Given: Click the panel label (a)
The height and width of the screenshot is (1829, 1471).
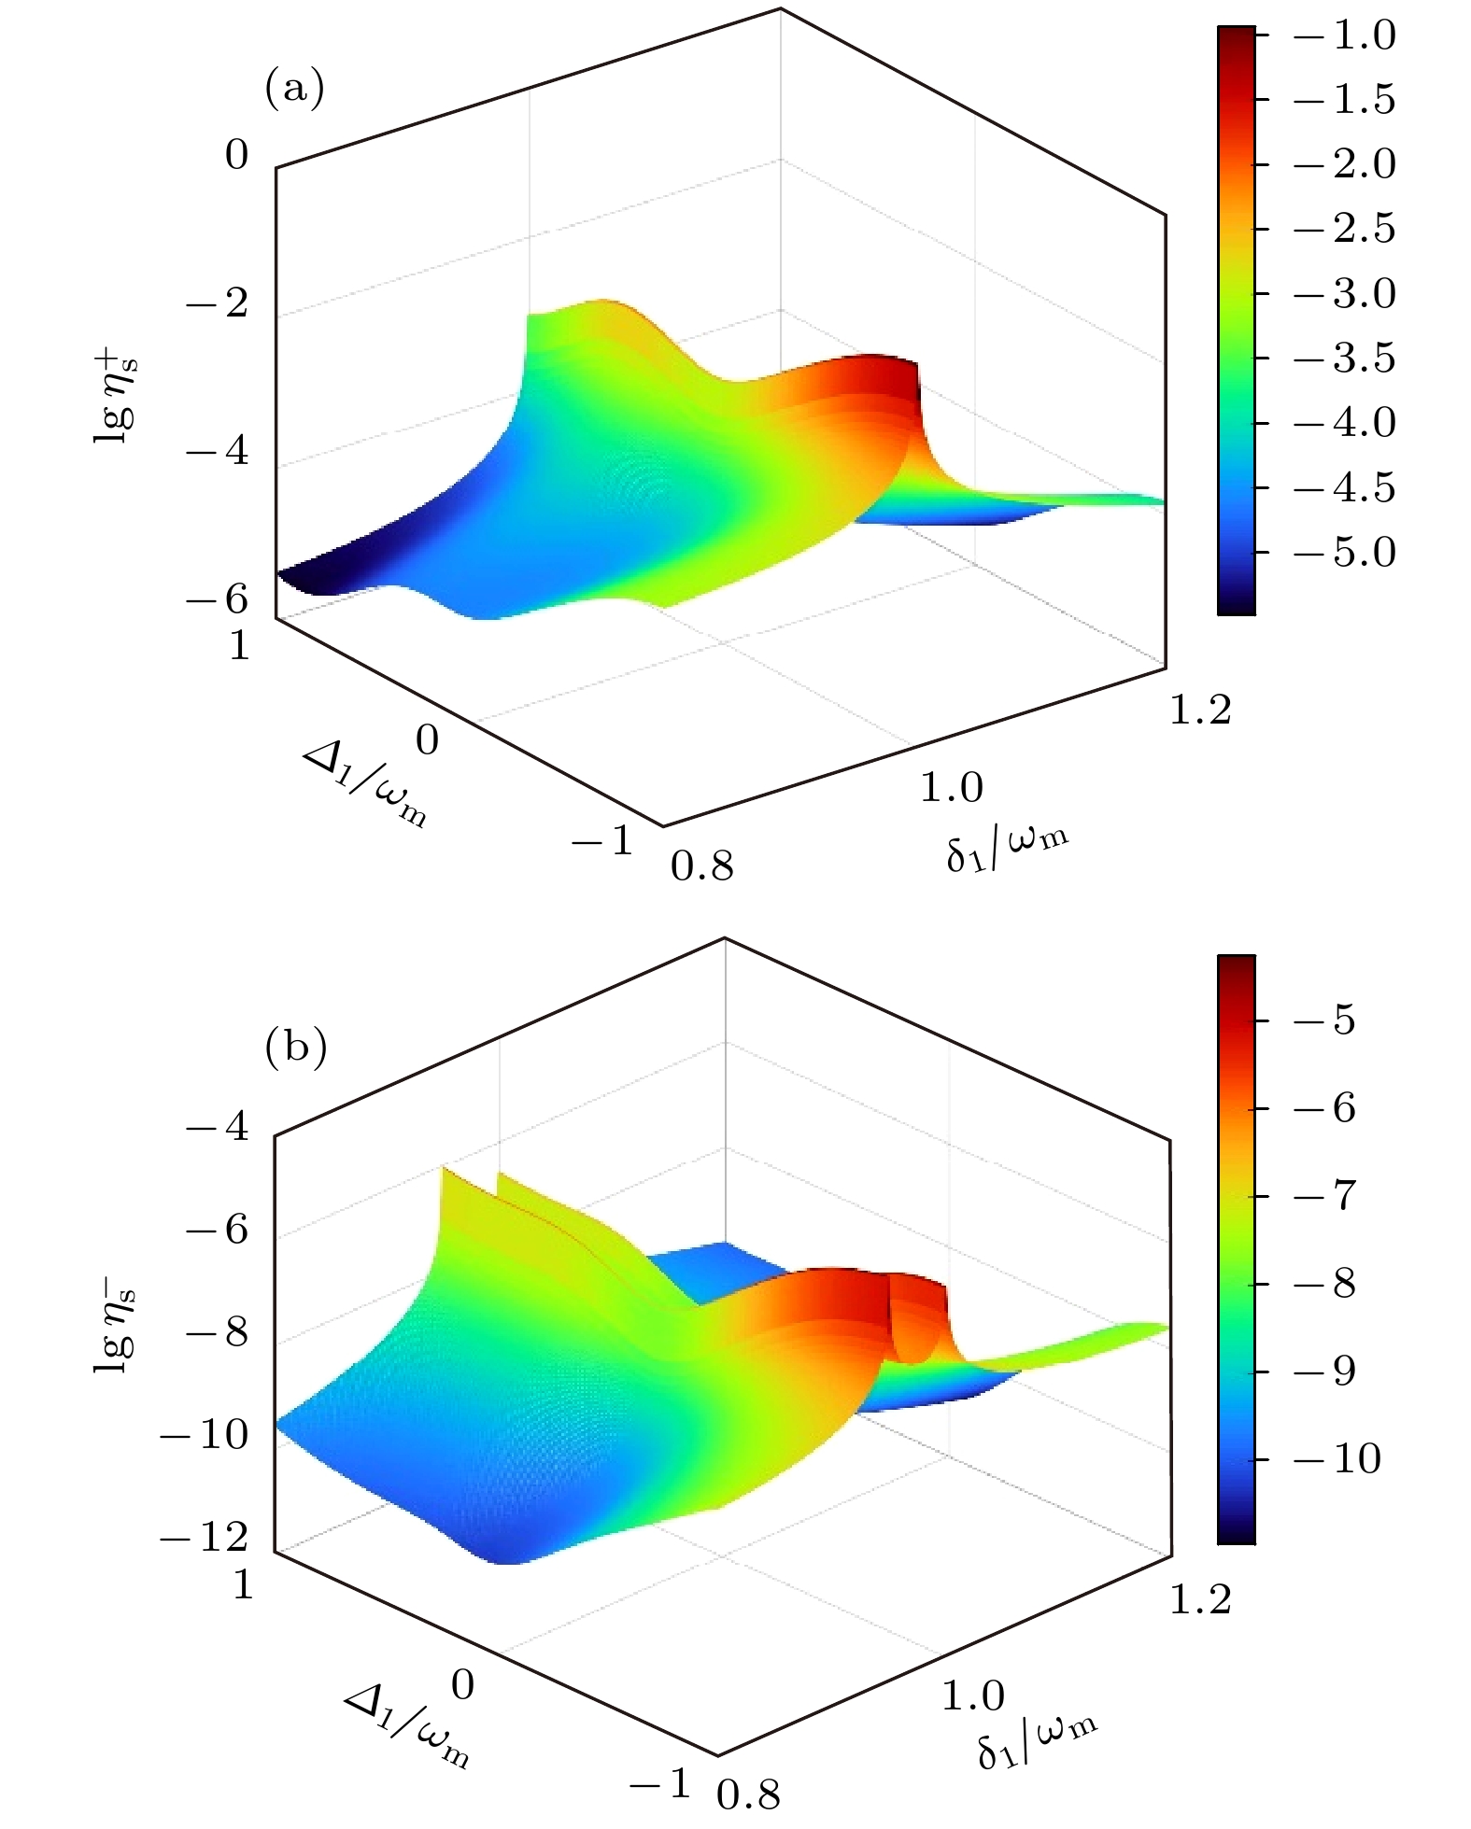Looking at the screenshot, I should point(294,89).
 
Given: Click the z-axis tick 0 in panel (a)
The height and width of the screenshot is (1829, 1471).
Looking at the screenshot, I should point(237,155).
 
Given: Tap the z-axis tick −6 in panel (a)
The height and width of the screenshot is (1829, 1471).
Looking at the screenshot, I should point(219,598).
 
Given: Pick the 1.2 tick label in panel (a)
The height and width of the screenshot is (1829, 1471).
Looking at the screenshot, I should point(1201,710).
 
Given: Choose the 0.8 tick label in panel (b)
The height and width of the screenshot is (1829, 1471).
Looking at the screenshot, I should point(748,1794).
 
